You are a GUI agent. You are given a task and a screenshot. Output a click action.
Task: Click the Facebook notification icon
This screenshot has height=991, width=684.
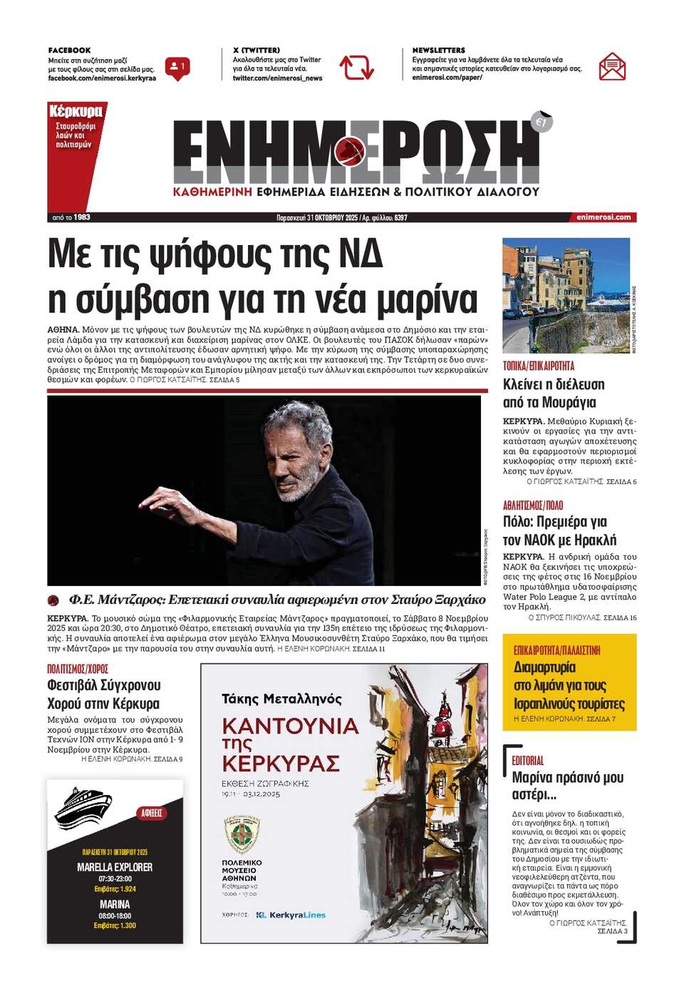(175, 68)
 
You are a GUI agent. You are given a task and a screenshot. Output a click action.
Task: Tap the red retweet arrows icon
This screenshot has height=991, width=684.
(356, 68)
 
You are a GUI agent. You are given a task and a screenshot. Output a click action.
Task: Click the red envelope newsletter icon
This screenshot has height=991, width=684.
(612, 67)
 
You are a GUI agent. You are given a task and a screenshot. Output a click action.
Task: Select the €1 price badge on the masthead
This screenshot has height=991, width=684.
(541, 122)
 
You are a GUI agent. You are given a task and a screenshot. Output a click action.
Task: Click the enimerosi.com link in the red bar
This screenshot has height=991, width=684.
(603, 217)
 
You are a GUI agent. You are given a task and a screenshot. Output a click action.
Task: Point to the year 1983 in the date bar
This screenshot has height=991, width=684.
(82, 217)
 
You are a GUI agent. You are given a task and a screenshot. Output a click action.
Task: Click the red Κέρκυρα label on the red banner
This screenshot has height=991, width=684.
(76, 112)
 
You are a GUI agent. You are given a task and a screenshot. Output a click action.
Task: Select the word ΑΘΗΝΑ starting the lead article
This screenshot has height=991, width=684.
(63, 330)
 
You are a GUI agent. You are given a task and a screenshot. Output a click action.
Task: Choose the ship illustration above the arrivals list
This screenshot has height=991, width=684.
(83, 808)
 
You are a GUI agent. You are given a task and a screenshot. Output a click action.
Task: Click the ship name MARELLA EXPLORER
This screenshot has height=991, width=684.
(115, 867)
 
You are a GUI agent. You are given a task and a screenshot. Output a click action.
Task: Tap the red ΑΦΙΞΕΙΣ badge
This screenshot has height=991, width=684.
(151, 813)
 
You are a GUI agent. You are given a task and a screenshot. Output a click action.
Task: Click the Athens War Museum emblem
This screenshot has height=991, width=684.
(242, 834)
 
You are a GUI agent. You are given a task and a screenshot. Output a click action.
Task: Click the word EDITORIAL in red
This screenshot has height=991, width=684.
(527, 761)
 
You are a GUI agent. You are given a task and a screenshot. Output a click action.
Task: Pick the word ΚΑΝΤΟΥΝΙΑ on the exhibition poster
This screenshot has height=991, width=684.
(290, 726)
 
